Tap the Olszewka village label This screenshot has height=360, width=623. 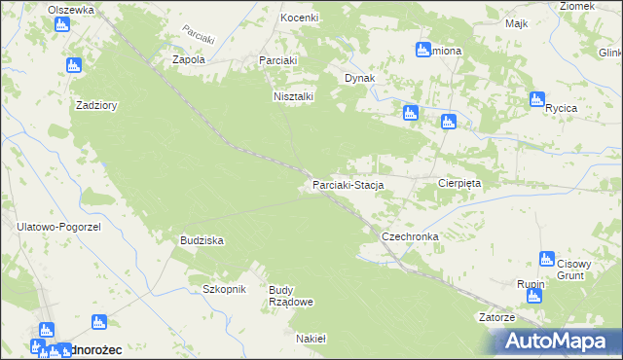[x=71, y=9]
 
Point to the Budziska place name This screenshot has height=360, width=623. [x=202, y=239]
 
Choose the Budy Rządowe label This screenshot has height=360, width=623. [x=290, y=296]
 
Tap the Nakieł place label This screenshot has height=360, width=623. [x=311, y=339]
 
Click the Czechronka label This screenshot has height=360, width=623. [x=410, y=236]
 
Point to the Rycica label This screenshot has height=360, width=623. [x=562, y=108]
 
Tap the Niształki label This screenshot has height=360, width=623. [x=292, y=96]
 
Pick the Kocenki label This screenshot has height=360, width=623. [x=300, y=18]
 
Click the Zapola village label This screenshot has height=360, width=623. [x=189, y=59]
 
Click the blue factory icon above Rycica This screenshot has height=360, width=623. [x=536, y=98]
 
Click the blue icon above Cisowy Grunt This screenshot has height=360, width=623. [x=547, y=259]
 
